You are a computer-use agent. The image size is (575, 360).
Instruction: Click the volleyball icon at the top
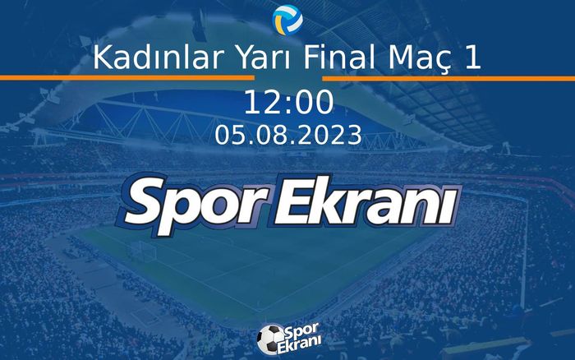(287, 17)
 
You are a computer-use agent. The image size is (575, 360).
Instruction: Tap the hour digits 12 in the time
(261, 103)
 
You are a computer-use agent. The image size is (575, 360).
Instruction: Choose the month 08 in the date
(267, 135)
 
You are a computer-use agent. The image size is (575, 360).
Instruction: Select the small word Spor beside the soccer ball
(301, 330)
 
